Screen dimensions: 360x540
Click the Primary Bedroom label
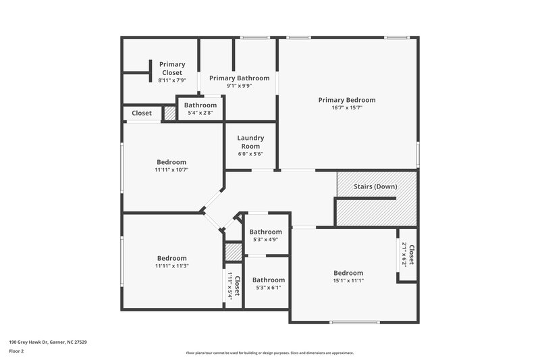pos(347,100)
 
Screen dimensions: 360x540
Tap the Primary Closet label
pos(172,68)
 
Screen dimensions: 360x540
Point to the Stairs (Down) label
pos(376,186)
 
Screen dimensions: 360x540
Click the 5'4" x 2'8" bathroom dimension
pos(200,113)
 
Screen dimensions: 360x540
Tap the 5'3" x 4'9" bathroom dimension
pos(265,240)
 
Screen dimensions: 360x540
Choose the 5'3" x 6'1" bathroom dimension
pos(269,288)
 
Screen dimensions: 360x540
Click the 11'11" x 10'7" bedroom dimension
pos(171,170)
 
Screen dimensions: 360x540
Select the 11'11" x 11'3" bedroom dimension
pos(171,266)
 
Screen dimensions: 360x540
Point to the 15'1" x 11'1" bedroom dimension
pos(348,281)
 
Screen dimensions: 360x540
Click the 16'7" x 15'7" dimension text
pos(347,108)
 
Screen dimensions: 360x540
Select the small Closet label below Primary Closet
pos(142,113)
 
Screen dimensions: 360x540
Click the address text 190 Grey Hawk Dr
pos(48,342)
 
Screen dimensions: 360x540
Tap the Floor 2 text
pos(16,351)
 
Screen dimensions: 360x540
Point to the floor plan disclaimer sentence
pos(269,353)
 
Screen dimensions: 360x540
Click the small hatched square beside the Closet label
pos(169,113)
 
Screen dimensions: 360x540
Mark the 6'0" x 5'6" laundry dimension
pos(250,154)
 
